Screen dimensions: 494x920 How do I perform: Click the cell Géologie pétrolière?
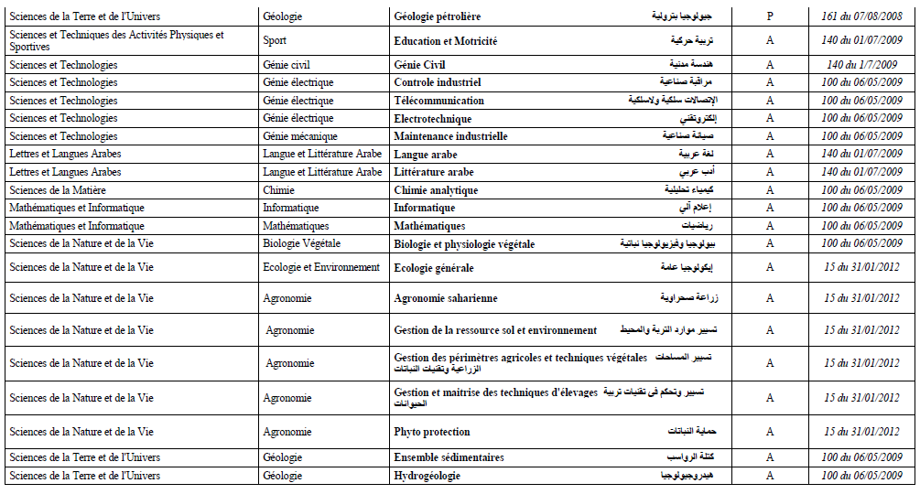coord(437,16)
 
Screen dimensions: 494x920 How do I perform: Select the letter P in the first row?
coord(769,16)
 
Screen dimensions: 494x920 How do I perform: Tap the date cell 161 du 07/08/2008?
coord(861,16)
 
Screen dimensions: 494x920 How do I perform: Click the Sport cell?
coord(274,41)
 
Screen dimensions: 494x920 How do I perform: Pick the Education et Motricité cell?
coord(445,41)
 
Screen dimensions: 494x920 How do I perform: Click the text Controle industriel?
coord(437,82)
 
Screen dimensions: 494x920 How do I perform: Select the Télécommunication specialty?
coord(438,101)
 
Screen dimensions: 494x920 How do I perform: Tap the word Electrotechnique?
coord(432,119)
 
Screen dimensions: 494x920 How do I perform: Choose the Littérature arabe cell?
coord(433,172)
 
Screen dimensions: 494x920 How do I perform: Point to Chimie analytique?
coord(436,190)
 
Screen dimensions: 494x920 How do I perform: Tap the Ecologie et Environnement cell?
coord(320,268)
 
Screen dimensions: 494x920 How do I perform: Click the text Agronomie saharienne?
coord(445,298)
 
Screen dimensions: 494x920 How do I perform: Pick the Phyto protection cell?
coord(431,432)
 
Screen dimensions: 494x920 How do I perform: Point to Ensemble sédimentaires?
coord(449,457)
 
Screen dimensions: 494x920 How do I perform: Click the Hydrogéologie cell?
coord(427,476)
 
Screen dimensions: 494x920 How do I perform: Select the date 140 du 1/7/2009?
coord(861,65)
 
